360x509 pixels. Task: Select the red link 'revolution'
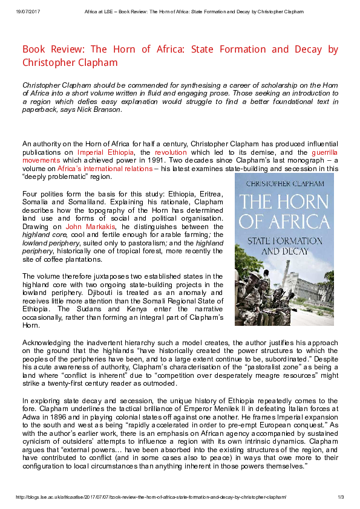click(171, 153)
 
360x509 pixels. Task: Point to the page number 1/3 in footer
click(340, 497)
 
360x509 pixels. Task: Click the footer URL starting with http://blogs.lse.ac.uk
click(151, 497)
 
